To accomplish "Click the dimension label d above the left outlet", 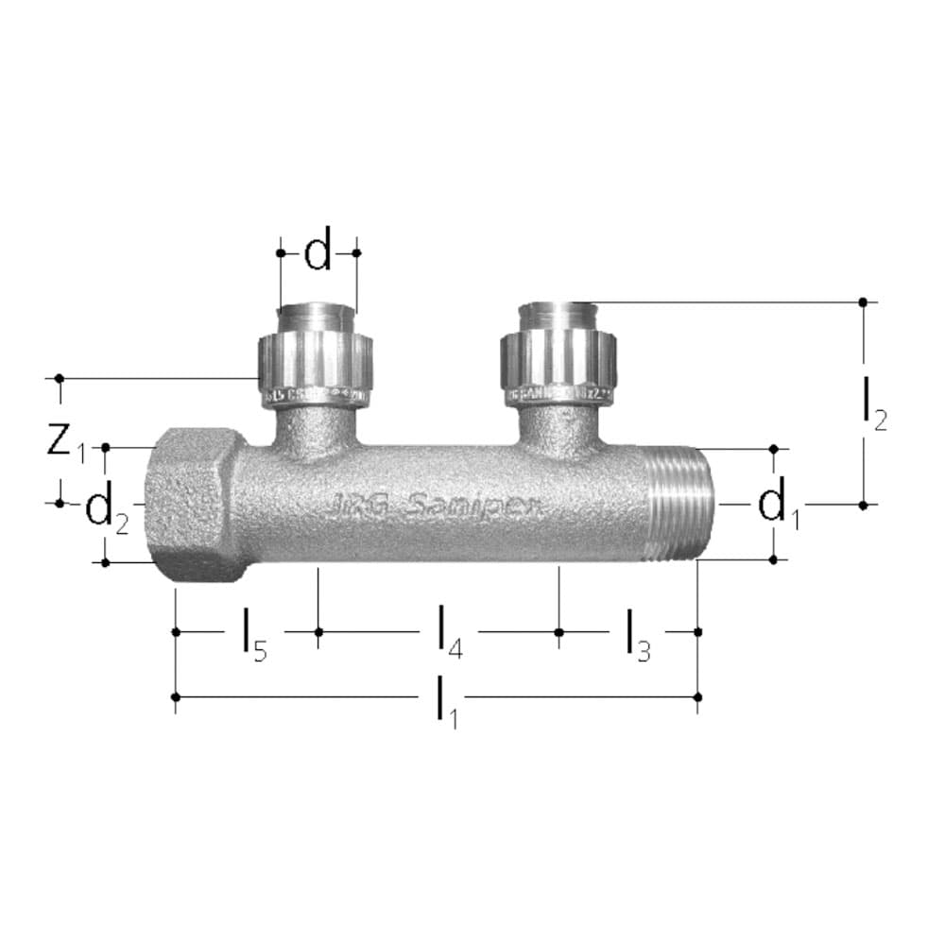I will (318, 253).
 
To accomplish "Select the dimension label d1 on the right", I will (777, 507).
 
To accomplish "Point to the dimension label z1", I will (65, 440).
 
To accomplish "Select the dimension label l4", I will (449, 634).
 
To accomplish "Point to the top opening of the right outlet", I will (559, 309).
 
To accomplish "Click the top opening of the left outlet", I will (317, 314).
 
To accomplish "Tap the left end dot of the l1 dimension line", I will (176, 696).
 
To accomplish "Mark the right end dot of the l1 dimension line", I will (697, 696).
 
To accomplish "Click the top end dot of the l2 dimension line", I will (863, 301).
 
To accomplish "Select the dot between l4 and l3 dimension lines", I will (558, 631).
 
